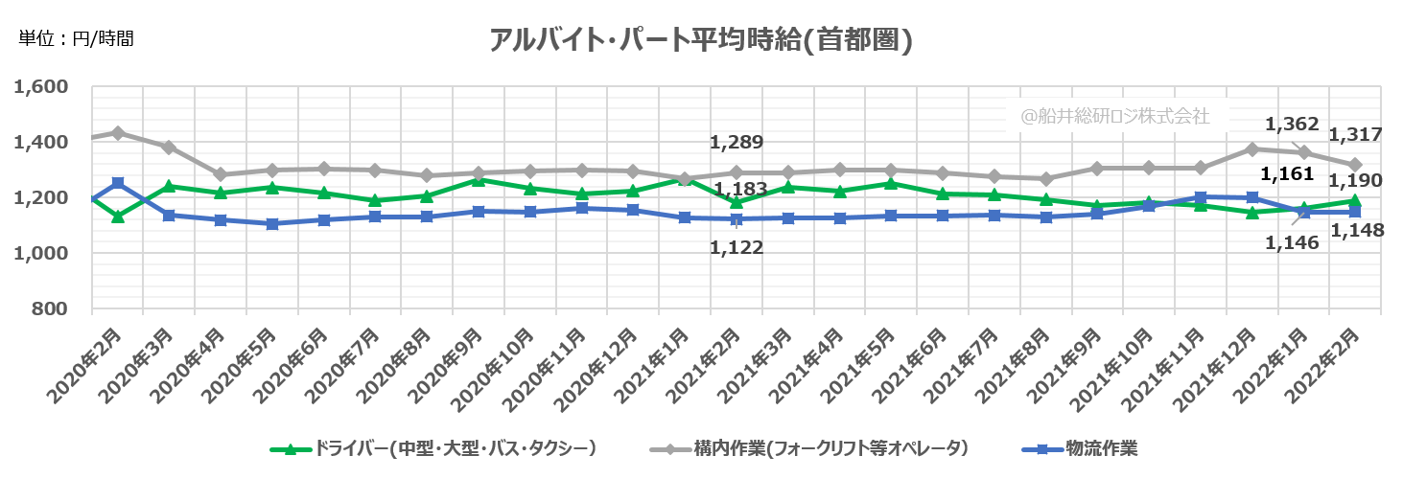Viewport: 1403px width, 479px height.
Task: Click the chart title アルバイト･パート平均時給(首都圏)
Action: coord(700,40)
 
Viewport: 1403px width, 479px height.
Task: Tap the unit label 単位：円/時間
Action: coord(76,39)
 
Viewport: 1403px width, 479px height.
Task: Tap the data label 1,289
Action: coord(736,144)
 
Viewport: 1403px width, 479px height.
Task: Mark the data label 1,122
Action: coord(736,248)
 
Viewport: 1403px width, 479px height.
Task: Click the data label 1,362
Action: coord(1293,125)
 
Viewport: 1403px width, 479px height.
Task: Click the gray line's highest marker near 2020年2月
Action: coord(117,132)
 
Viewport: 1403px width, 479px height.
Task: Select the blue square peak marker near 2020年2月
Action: coord(117,183)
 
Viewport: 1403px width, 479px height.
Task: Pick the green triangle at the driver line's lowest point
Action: coord(117,217)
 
